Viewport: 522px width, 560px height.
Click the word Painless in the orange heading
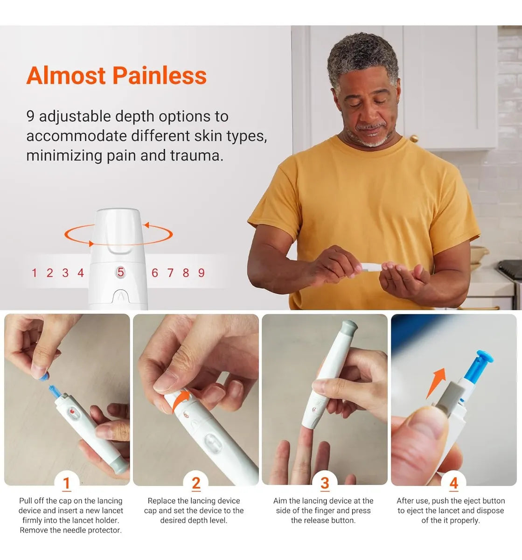point(160,76)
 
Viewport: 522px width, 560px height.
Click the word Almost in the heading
point(66,76)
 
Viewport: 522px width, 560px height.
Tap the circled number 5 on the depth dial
point(120,272)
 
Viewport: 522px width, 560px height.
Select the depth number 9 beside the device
point(201,273)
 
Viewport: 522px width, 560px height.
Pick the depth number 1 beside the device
point(35,273)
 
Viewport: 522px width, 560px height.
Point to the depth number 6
point(155,273)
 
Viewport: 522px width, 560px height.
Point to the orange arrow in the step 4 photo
point(436,383)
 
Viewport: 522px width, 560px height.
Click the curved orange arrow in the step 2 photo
point(181,399)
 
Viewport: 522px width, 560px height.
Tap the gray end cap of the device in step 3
point(348,328)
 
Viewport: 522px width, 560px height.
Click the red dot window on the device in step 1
point(72,412)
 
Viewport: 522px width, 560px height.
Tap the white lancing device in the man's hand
point(373,266)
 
